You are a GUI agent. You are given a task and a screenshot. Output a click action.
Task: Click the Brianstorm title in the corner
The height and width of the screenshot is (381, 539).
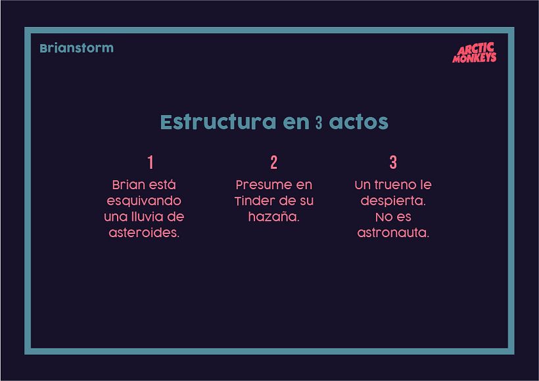point(76,48)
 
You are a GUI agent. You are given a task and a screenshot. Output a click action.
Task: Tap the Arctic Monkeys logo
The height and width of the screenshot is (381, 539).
point(475,53)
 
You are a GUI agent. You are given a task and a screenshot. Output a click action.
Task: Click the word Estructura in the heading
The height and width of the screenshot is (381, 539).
point(218,123)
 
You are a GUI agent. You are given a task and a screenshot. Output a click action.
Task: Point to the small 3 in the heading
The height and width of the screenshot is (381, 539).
point(319,123)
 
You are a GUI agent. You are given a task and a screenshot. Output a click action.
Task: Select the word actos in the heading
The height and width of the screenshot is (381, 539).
point(358,123)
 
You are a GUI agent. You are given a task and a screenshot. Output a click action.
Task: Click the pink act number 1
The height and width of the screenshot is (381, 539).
point(151,162)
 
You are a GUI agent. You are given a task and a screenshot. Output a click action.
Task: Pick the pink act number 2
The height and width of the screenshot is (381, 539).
point(273,162)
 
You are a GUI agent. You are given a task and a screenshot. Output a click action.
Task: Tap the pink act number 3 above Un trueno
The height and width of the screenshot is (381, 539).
point(393,162)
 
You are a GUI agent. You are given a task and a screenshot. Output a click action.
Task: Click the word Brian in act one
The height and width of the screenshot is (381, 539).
point(126,185)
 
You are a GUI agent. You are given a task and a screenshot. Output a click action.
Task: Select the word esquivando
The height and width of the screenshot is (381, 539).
point(144,200)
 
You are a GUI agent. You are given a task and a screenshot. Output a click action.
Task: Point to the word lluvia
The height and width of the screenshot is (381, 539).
point(153,217)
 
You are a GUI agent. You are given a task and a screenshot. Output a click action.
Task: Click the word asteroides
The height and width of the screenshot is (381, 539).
point(144,233)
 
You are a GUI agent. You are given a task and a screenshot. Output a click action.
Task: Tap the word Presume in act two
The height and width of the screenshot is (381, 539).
point(259,185)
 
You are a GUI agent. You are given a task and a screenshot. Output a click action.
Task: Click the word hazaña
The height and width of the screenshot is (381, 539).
point(273,217)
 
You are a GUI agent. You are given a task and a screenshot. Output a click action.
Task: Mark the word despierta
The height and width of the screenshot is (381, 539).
point(393,200)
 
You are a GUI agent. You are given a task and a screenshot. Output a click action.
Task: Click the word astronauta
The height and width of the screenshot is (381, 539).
point(393,233)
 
